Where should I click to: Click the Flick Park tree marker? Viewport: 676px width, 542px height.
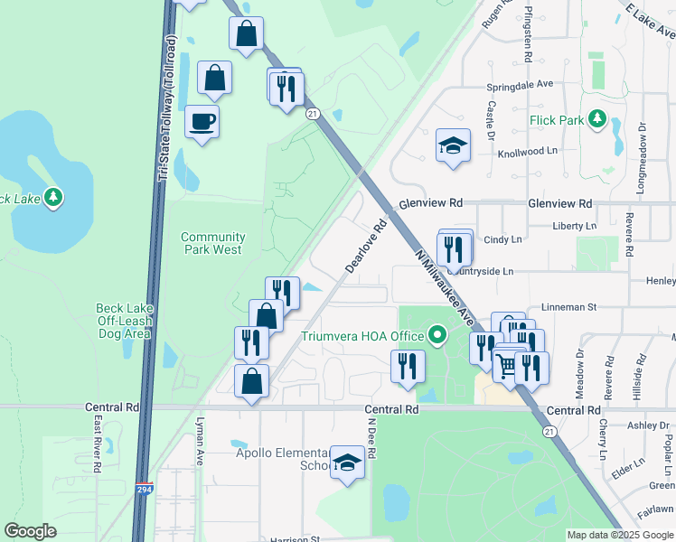(x=596, y=118)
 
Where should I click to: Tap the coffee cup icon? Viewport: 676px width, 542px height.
(x=202, y=121)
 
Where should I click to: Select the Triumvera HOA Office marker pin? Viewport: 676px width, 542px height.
(x=438, y=337)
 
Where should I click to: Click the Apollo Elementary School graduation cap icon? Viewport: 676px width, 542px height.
(x=346, y=463)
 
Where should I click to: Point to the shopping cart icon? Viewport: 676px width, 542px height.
(x=506, y=366)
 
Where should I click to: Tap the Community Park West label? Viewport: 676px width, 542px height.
(x=212, y=243)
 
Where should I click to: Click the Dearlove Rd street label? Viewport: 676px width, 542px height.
(x=365, y=246)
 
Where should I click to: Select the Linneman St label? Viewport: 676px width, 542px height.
(x=568, y=307)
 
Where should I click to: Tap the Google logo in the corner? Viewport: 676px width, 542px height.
(x=30, y=531)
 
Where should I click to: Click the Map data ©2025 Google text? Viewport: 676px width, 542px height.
(x=619, y=535)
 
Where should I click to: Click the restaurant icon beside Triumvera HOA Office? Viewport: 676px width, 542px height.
(x=408, y=366)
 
